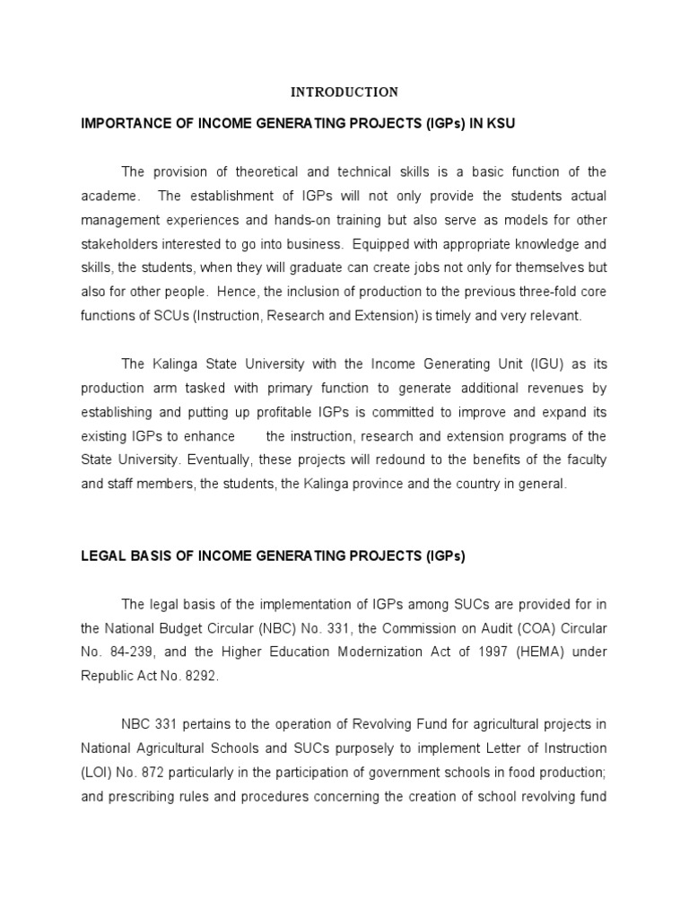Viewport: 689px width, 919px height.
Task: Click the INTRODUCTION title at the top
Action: pyautogui.click(x=344, y=92)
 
